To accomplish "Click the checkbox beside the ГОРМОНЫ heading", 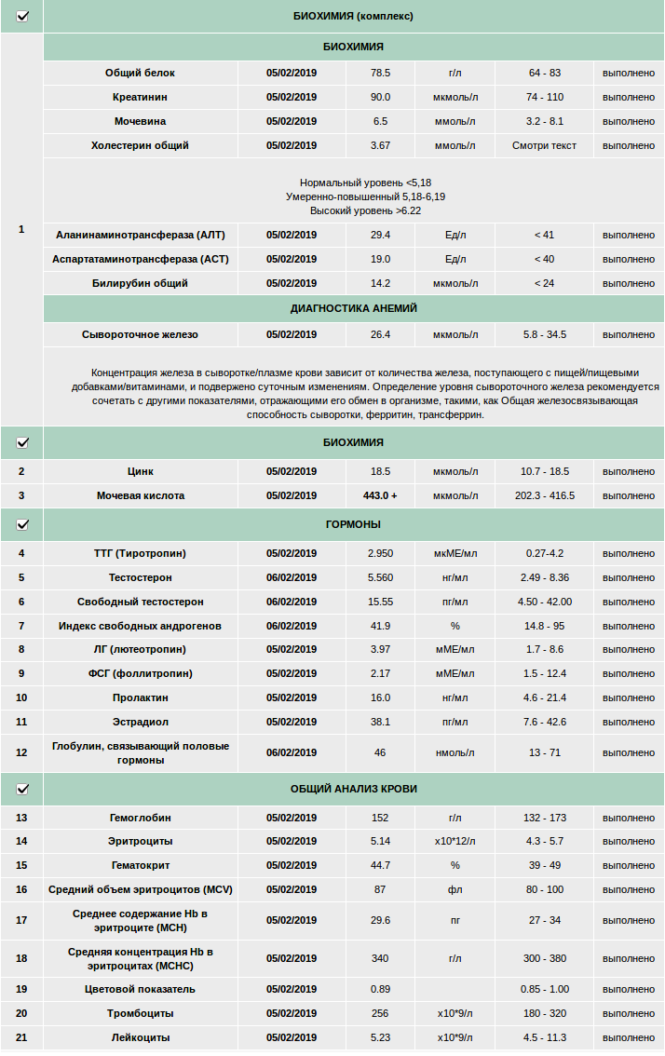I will click(x=22, y=525).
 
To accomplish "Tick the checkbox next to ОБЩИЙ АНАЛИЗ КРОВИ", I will click(x=22, y=789).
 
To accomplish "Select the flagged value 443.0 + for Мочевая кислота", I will click(x=380, y=495).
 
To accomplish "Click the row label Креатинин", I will click(x=141, y=97).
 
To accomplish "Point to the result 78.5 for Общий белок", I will click(x=380, y=73).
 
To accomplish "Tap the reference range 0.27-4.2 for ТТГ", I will click(x=544, y=553).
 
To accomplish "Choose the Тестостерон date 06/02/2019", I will click(x=292, y=577).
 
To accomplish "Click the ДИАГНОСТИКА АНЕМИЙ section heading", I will click(x=354, y=308).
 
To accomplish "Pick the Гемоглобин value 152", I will click(x=380, y=818).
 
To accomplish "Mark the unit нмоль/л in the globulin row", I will click(x=455, y=752).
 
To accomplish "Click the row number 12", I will click(x=21, y=752).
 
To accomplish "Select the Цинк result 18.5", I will click(x=380, y=471).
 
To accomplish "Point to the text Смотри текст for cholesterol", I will click(x=544, y=145).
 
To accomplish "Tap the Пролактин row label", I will click(x=141, y=697).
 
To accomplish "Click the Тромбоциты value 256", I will click(x=380, y=1013).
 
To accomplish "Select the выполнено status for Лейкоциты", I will click(x=629, y=1037).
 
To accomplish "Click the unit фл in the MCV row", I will click(x=455, y=889).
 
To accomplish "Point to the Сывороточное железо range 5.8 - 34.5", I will click(x=544, y=334).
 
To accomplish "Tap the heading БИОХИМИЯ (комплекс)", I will click(x=354, y=16).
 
